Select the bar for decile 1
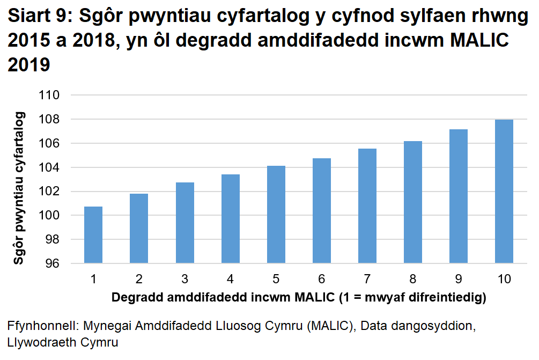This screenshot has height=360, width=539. (93, 234)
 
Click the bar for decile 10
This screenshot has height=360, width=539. (504, 192)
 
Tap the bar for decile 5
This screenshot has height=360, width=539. (276, 215)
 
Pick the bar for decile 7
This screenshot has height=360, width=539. (367, 206)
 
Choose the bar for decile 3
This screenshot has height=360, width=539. (184, 223)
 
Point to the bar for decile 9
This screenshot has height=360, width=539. (458, 196)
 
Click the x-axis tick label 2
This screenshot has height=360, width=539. (139, 279)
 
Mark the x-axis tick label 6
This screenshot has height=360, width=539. (321, 279)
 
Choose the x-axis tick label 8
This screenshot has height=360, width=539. (412, 279)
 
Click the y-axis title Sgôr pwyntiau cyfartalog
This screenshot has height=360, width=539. (19, 187)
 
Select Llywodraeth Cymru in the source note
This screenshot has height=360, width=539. (63, 342)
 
